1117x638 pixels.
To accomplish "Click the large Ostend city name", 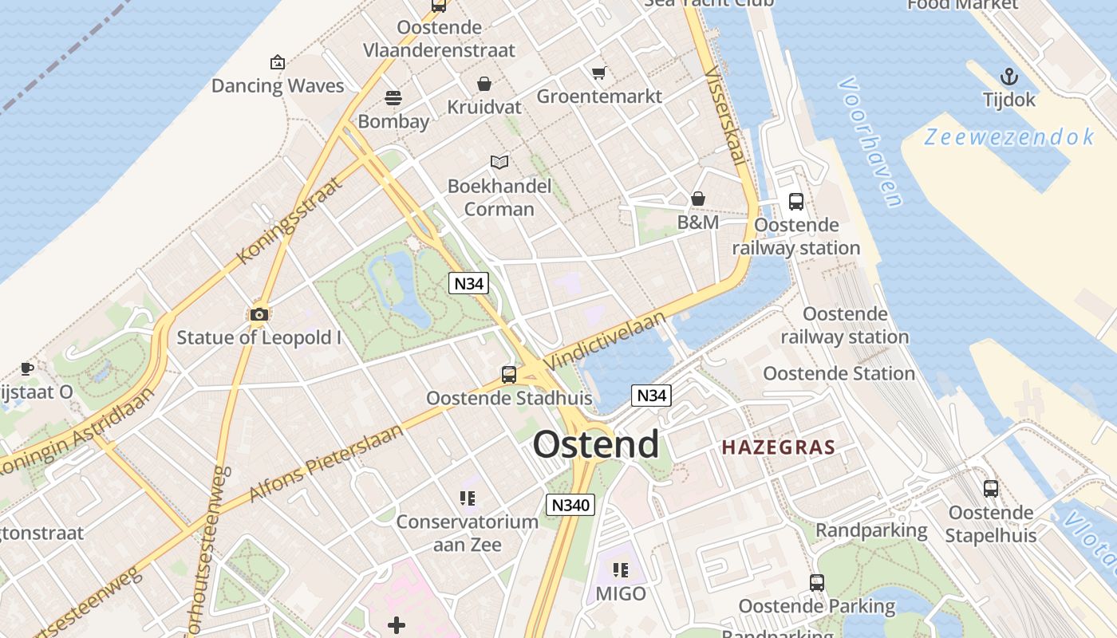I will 596,444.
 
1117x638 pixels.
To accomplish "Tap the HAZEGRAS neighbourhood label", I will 778,447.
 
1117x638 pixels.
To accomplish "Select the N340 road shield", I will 570,504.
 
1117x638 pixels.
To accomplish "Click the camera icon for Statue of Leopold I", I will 259,314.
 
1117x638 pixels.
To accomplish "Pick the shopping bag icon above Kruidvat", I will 484,84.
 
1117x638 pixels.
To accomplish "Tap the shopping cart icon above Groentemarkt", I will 599,73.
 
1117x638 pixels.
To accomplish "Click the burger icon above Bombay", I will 393,98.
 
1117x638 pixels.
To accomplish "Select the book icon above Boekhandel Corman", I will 499,163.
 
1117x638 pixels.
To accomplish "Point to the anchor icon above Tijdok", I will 1009,77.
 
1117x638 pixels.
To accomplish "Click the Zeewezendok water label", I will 1009,137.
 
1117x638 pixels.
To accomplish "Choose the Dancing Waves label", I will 278,86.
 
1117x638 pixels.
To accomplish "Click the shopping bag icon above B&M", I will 698,199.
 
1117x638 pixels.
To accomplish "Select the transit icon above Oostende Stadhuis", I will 509,374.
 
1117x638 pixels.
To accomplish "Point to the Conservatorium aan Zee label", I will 468,533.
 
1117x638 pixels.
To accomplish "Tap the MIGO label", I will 621,593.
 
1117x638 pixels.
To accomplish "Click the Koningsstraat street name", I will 289,221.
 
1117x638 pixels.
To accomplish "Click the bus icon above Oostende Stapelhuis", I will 990,489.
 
